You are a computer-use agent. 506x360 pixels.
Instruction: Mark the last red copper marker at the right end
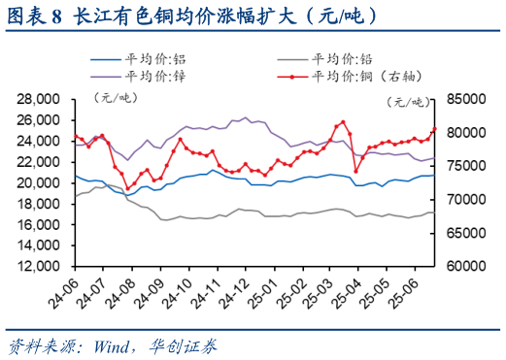(434, 129)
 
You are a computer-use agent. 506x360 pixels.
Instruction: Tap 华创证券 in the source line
(185, 344)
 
